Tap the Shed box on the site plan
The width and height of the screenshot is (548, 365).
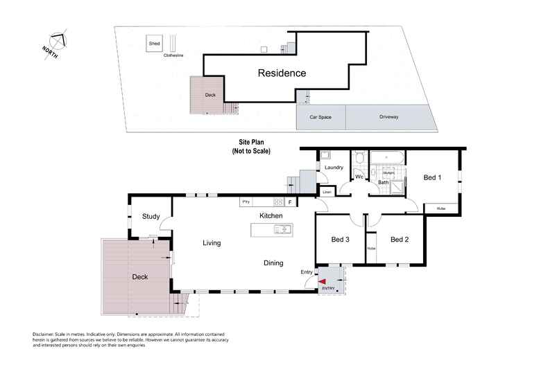pyautogui.click(x=154, y=44)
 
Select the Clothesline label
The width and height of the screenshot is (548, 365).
pyautogui.click(x=173, y=56)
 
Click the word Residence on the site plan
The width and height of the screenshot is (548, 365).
pyautogui.click(x=282, y=73)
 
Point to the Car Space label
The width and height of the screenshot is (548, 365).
pyautogui.click(x=320, y=117)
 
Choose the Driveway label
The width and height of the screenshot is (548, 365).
pyautogui.click(x=388, y=117)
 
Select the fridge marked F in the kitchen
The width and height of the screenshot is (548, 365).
pyautogui.click(x=290, y=202)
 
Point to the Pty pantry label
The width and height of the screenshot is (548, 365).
pyautogui.click(x=245, y=202)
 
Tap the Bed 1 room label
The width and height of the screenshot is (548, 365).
pyautogui.click(x=432, y=178)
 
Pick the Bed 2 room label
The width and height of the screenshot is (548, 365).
pyautogui.click(x=400, y=240)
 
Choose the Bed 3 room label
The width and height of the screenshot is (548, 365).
pyautogui.click(x=340, y=240)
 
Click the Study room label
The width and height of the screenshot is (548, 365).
pyautogui.click(x=151, y=217)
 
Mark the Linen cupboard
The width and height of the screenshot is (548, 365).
pyautogui.click(x=325, y=192)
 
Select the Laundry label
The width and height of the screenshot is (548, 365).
pyautogui.click(x=335, y=167)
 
